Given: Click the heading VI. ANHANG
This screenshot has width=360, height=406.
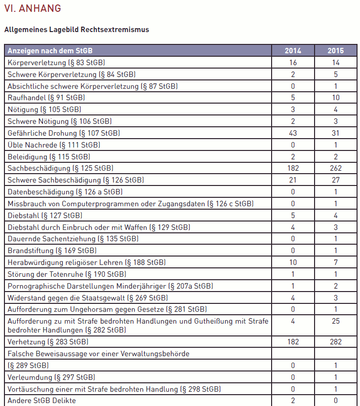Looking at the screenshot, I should pyautogui.click(x=33, y=8).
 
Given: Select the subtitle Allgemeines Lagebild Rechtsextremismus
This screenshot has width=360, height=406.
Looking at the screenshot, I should pyautogui.click(x=77, y=30).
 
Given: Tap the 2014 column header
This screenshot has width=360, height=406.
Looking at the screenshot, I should pyautogui.click(x=293, y=51).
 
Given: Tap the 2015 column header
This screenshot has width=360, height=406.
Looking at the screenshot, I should pyautogui.click(x=336, y=51).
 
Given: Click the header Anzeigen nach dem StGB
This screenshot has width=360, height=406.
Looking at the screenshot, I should pyautogui.click(x=50, y=51).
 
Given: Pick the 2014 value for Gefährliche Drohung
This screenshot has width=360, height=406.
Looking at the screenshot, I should pyautogui.click(x=293, y=133).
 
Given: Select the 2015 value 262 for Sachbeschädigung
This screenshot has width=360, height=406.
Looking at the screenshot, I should pyautogui.click(x=336, y=168).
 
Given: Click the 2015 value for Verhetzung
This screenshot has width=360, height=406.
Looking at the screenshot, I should pyautogui.click(x=336, y=341).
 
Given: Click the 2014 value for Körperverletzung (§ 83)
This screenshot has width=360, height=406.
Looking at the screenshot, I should pyautogui.click(x=293, y=63).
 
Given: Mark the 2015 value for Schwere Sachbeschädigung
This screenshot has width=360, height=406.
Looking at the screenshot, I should pyautogui.click(x=336, y=180).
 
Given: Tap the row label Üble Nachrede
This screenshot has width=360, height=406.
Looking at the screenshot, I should pyautogui.click(x=54, y=145).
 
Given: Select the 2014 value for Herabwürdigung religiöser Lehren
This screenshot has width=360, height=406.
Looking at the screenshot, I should pyautogui.click(x=293, y=262).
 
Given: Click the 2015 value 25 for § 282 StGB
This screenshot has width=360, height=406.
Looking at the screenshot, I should pyautogui.click(x=336, y=321).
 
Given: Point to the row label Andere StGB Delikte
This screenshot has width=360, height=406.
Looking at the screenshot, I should pyautogui.click(x=42, y=401).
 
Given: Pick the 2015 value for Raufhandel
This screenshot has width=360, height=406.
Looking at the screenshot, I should pyautogui.click(x=336, y=98).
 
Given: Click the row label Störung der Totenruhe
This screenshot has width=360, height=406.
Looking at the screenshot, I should pyautogui.click(x=67, y=274).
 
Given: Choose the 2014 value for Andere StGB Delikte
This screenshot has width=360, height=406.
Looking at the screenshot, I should pyautogui.click(x=293, y=401).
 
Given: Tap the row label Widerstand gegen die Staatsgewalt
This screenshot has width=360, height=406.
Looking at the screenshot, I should pyautogui.click(x=87, y=297).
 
